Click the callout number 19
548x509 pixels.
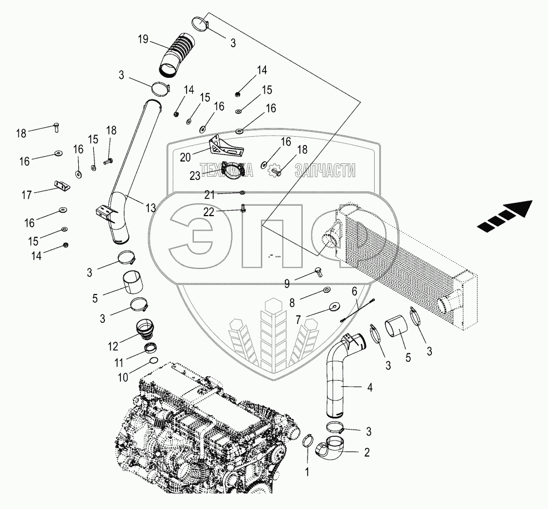click(x=144, y=39)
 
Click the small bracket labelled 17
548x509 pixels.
click(x=62, y=186)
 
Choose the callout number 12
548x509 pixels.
click(x=113, y=346)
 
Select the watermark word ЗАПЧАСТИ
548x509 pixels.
click(x=325, y=170)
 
